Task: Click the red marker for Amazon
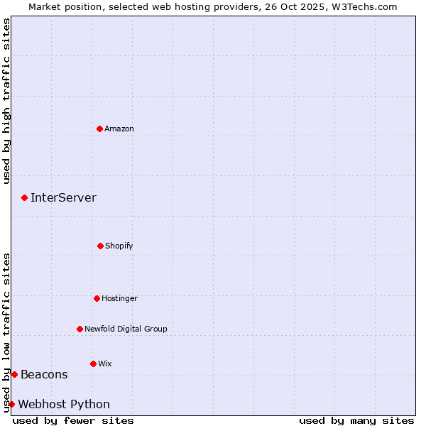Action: tap(99, 129)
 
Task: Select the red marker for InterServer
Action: tap(24, 197)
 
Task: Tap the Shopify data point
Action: tap(100, 246)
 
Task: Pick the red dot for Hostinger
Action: tap(97, 298)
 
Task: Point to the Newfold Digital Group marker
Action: tap(80, 329)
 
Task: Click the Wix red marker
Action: tap(93, 364)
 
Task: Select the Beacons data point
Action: tap(14, 374)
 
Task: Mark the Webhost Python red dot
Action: tap(11, 404)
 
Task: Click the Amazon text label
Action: tap(119, 129)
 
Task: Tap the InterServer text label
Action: tap(63, 197)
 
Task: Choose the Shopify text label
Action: tap(119, 246)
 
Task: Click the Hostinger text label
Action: tap(119, 298)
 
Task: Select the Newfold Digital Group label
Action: tap(126, 329)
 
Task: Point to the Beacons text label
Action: tap(44, 374)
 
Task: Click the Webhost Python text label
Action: tap(64, 404)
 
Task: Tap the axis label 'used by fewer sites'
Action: tap(73, 420)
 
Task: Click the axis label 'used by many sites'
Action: tap(356, 420)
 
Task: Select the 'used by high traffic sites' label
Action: tap(6, 101)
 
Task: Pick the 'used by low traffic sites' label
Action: tap(6, 332)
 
